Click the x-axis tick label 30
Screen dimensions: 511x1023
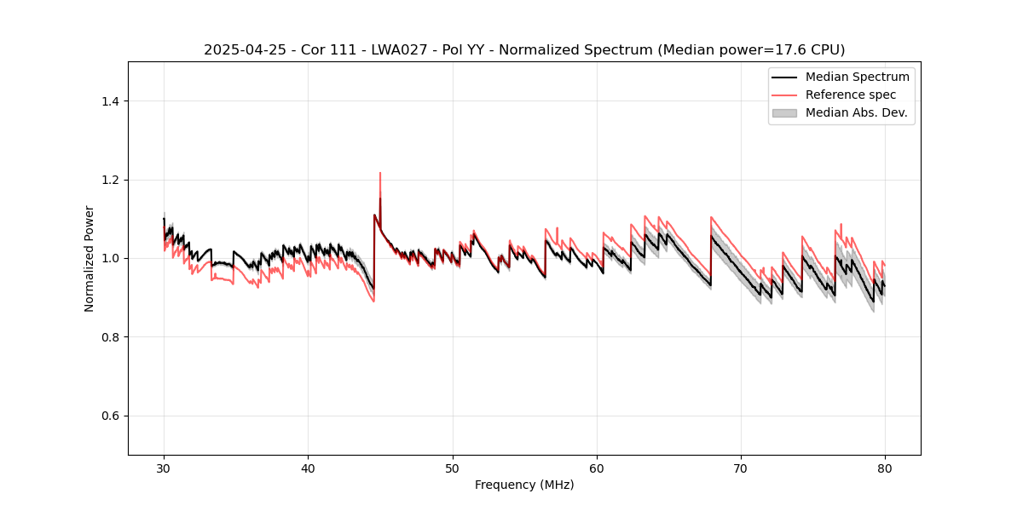(164, 468)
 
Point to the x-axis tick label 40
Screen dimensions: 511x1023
(308, 468)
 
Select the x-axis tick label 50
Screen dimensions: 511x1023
(452, 468)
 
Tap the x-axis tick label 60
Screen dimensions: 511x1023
(597, 468)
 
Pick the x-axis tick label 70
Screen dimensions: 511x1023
(741, 468)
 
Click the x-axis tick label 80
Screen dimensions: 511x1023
(885, 468)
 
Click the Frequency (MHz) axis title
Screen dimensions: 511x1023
(524, 485)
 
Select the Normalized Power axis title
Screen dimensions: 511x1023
(90, 258)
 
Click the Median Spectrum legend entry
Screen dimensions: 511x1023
(857, 77)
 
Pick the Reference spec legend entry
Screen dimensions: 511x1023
(851, 95)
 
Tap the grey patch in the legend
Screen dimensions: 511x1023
(784, 112)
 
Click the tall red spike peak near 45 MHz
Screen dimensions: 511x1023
(380, 173)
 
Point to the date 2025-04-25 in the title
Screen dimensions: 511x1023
(241, 50)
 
